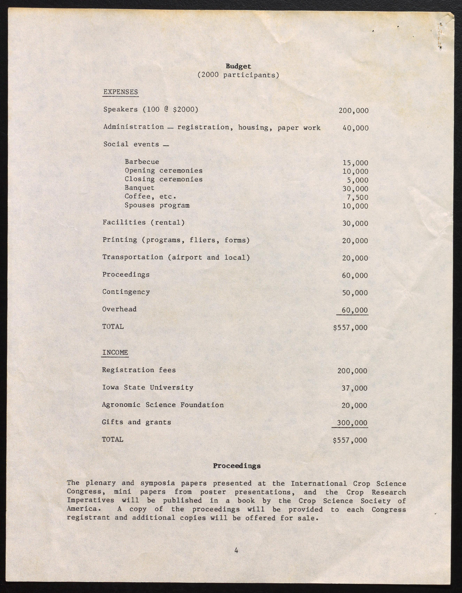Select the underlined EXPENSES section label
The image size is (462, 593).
click(121, 92)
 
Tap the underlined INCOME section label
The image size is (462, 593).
click(115, 352)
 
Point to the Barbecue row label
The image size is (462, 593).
click(142, 162)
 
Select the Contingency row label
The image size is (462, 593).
click(126, 292)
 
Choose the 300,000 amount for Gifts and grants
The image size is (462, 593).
click(352, 423)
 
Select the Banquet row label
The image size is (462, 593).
click(139, 188)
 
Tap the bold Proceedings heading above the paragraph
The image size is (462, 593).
click(237, 466)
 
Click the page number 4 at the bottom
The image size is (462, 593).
click(236, 551)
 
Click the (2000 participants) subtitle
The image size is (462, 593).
click(238, 75)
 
